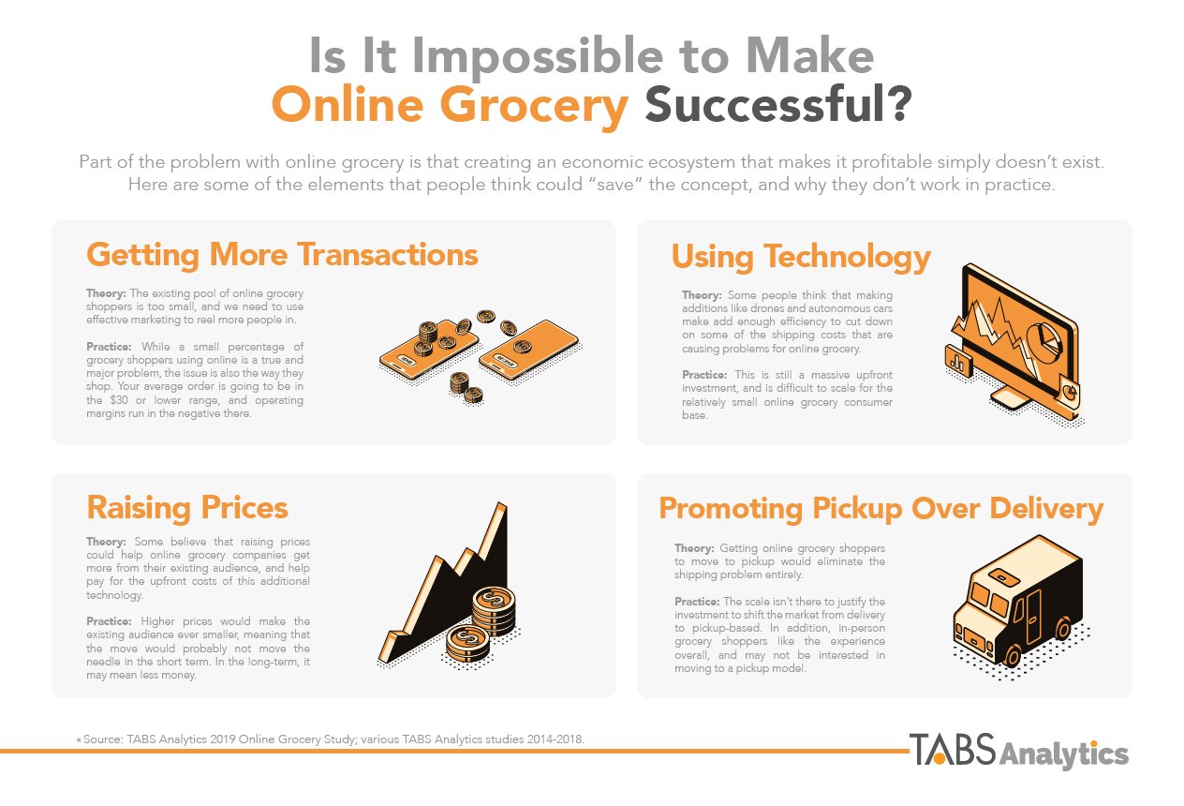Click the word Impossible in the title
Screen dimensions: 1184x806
tap(537, 58)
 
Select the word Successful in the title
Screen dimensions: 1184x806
tap(778, 104)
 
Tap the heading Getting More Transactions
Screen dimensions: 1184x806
tap(282, 256)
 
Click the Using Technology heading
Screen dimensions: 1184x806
tap(801, 258)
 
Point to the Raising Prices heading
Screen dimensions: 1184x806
tap(187, 508)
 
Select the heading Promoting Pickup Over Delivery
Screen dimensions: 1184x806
tap(881, 509)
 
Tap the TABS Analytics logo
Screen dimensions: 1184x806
tap(1018, 750)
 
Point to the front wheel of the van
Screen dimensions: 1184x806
tap(1012, 656)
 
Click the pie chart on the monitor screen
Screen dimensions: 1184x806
tap(1043, 343)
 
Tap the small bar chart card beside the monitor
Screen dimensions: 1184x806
tap(958, 361)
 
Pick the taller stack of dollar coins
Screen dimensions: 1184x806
tap(494, 612)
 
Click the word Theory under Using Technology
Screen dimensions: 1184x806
tap(702, 295)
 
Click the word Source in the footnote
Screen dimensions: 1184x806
tap(102, 739)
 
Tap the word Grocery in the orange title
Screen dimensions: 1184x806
tap(534, 106)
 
